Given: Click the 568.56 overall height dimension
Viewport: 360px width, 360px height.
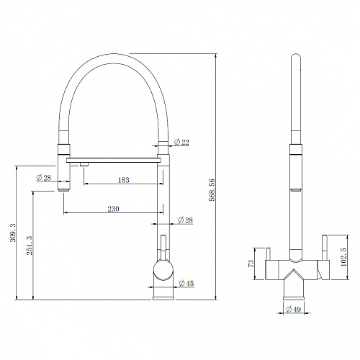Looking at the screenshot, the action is tap(212, 190).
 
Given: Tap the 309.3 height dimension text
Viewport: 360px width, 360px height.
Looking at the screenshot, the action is tap(13, 233).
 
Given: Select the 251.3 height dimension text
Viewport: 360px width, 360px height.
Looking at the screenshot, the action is tap(30, 246).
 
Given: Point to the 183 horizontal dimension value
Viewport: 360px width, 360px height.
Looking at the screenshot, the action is tap(124, 180).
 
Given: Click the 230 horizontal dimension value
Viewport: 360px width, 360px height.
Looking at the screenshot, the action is tap(113, 209).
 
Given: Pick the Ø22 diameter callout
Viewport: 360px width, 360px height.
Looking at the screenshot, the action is tap(181, 142).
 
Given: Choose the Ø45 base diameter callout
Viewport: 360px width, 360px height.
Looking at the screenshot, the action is tap(186, 283).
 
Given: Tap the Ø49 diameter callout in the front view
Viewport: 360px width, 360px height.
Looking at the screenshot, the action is tap(293, 310).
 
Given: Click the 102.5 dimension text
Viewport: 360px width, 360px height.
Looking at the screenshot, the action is tap(343, 257).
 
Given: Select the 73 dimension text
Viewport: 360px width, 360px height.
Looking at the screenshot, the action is tap(251, 264).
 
